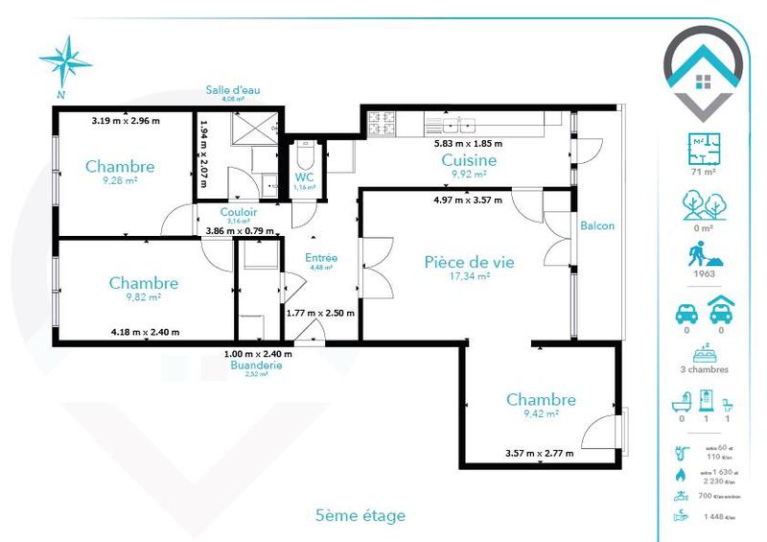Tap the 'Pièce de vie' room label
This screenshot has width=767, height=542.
click(x=458, y=261)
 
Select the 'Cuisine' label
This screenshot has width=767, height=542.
click(x=469, y=160)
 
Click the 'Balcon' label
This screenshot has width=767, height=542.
click(x=597, y=225)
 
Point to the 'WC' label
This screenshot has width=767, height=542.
click(x=305, y=177)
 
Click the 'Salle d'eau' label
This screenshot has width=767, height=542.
click(x=233, y=90)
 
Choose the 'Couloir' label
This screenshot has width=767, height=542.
click(x=238, y=212)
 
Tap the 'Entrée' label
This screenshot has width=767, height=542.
click(x=320, y=257)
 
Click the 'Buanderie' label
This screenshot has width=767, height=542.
click(x=255, y=365)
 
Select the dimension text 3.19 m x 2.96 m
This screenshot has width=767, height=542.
click(x=126, y=121)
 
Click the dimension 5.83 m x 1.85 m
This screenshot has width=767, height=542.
click(x=469, y=143)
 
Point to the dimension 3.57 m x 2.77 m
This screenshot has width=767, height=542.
click(x=539, y=453)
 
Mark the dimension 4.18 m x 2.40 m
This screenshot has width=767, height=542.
click(x=145, y=332)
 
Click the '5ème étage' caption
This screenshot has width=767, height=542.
click(x=360, y=516)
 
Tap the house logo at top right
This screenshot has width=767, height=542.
click(x=705, y=70)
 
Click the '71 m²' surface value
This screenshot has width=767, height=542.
click(x=705, y=172)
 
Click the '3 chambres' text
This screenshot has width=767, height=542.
click(x=705, y=369)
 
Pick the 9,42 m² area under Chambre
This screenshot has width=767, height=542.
click(x=541, y=414)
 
